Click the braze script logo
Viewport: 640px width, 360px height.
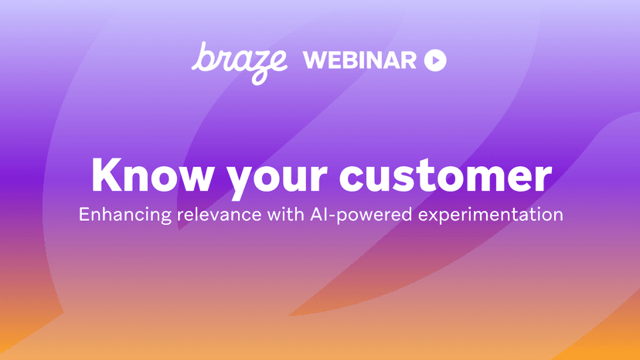[x=240, y=62]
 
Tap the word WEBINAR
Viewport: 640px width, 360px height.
[x=359, y=60]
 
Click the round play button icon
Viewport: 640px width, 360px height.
[x=435, y=60]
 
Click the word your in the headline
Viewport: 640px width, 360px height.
[x=277, y=179]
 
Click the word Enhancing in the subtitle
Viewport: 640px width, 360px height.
[x=125, y=215]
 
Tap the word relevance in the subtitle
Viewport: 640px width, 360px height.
[x=220, y=215]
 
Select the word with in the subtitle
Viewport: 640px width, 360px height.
[x=286, y=214]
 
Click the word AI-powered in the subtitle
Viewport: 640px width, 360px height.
[x=361, y=215]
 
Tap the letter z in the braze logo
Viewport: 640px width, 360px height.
[x=253, y=68]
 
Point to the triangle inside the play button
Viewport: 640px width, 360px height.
[x=436, y=60]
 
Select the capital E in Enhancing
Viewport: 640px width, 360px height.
[x=84, y=215]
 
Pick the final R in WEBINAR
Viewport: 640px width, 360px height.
[x=408, y=60]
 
